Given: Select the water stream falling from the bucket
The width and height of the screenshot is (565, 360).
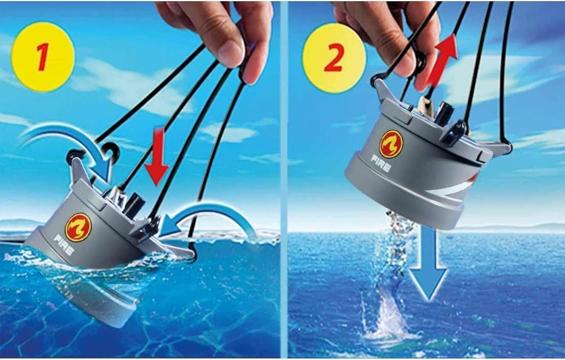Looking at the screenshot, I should (x=394, y=245).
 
